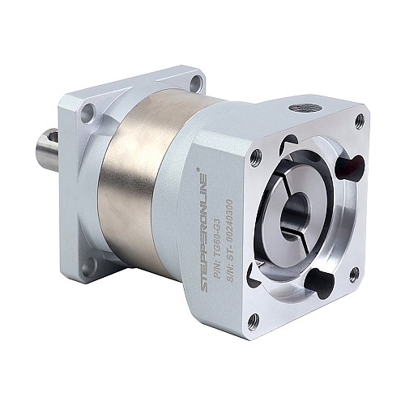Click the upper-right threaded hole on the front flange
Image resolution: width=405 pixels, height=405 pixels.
point(359,122)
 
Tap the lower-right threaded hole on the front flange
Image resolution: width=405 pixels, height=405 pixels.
point(353,275)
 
